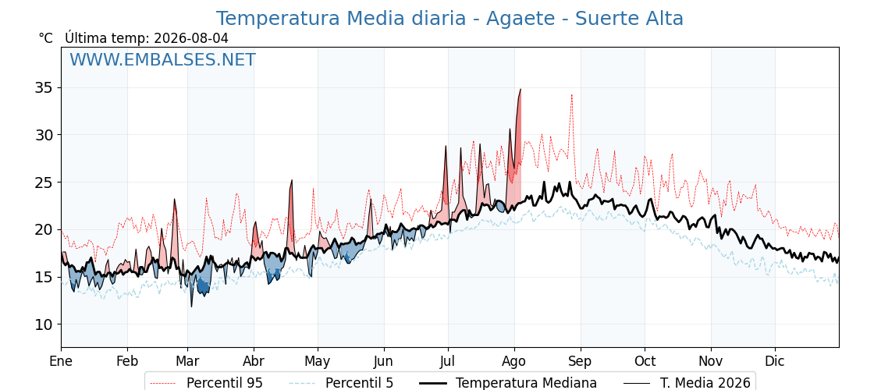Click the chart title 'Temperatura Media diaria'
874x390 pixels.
click(340, 19)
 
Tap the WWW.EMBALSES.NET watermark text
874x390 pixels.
click(163, 59)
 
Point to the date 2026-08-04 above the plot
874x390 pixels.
click(191, 38)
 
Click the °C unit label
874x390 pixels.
click(46, 38)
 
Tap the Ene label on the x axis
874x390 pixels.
click(62, 362)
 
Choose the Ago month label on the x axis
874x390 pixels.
click(514, 362)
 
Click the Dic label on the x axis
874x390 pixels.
click(775, 362)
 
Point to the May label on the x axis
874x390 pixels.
click(318, 362)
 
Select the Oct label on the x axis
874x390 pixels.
click(645, 362)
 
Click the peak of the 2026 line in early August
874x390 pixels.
click(520, 89)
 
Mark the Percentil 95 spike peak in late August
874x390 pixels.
click(571, 94)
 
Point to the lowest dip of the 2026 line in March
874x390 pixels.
click(192, 307)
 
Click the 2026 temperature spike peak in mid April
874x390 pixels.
click(292, 180)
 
